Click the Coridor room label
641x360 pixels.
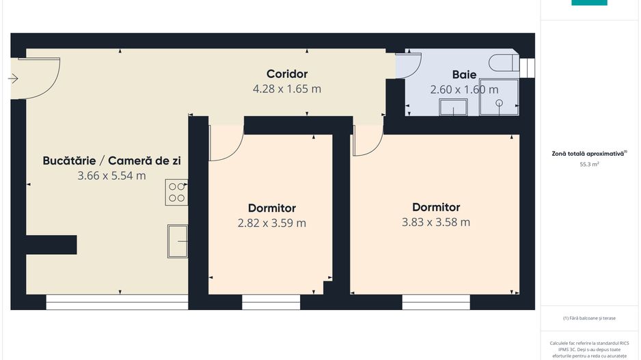[x=287, y=74]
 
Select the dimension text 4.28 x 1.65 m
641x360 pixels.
[x=287, y=89]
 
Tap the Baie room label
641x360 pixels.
[x=464, y=74]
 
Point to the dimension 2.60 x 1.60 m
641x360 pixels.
[x=464, y=89]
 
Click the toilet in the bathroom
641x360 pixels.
[x=506, y=62]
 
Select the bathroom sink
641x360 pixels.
[x=453, y=107]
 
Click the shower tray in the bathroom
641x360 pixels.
[x=499, y=102]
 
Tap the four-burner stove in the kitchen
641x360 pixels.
[x=176, y=192]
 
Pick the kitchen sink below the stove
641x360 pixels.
[x=178, y=241]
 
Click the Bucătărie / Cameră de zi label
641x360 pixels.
[x=111, y=161]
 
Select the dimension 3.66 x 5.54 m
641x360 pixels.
[x=111, y=176]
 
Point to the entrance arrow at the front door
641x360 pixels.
[x=13, y=79]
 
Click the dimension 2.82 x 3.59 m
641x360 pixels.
[x=271, y=223]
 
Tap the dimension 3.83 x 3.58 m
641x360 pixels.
[x=436, y=222]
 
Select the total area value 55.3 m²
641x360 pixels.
[x=589, y=165]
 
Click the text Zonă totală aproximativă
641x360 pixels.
[x=588, y=154]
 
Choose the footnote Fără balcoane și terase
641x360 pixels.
[x=589, y=318]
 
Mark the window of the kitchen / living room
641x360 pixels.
[x=117, y=302]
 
